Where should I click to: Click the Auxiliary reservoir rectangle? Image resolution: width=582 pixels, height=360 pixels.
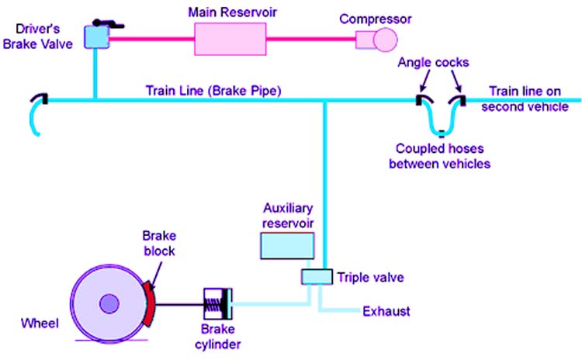(287, 244)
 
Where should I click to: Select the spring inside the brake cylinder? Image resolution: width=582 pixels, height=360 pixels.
(214, 301)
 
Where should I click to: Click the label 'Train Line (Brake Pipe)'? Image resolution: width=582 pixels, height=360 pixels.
(213, 89)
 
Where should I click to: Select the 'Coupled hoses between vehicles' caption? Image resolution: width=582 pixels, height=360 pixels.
(443, 157)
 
